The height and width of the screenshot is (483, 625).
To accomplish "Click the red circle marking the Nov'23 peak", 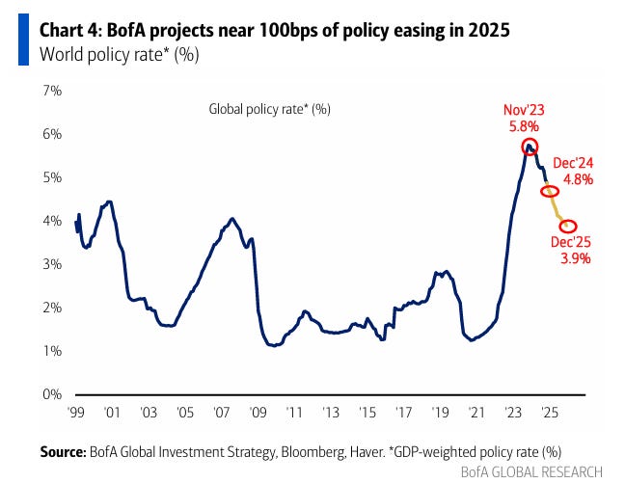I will [x=529, y=147].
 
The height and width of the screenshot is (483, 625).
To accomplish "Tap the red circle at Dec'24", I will [x=550, y=192].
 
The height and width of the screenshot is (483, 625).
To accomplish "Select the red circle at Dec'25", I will [x=568, y=226].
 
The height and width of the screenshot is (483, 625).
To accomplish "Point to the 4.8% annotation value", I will [x=578, y=179].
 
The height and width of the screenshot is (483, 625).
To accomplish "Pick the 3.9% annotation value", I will [x=575, y=257].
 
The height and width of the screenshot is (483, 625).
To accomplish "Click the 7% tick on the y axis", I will [x=50, y=91].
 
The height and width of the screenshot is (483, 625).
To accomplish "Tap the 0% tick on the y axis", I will [x=50, y=394].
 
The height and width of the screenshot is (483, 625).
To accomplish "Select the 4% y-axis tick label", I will [x=50, y=221].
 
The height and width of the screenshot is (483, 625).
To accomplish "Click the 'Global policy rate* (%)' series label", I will [x=270, y=109].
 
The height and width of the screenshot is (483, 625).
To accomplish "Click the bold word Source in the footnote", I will [x=63, y=451].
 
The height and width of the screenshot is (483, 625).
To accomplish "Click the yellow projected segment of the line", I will [x=558, y=209].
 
